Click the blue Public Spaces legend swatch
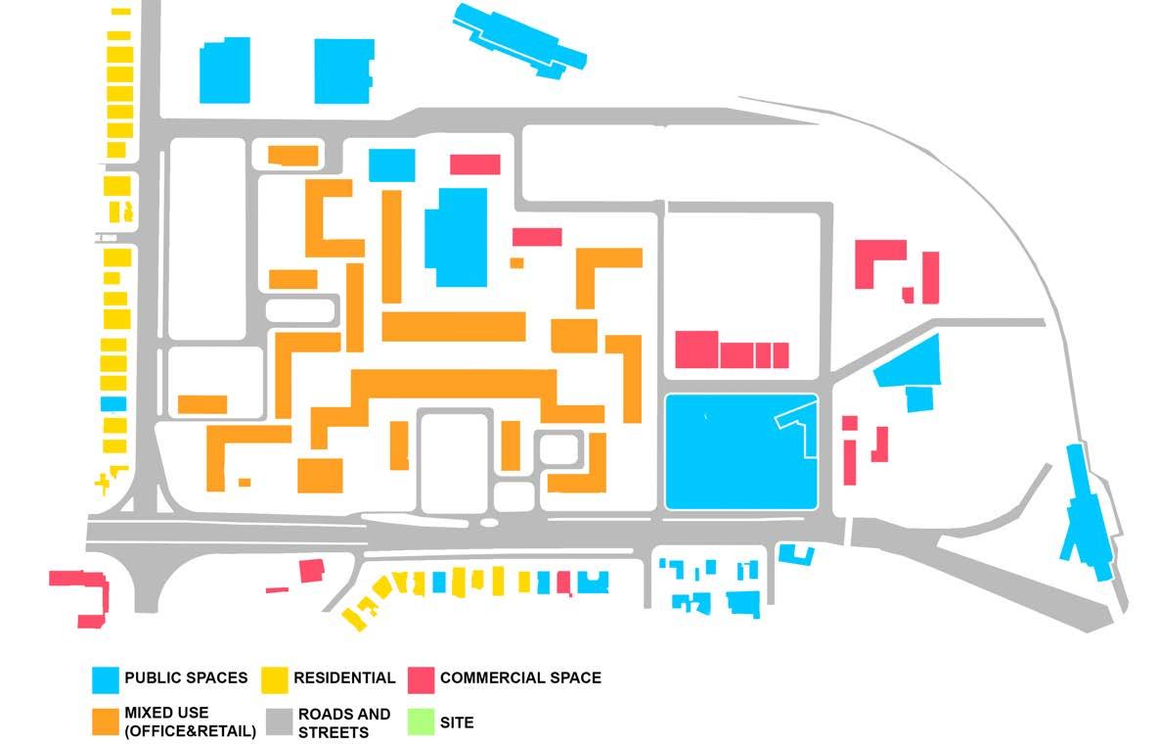pyautogui.click(x=106, y=677)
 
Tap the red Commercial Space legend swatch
pyautogui.click(x=421, y=677)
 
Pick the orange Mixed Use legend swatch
pyautogui.click(x=106, y=722)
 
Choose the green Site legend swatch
pyautogui.click(x=421, y=723)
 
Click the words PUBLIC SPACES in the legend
pyautogui.click(x=186, y=677)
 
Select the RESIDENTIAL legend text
pyautogui.click(x=344, y=677)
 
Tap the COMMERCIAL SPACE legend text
pyautogui.click(x=520, y=677)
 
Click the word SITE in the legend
pyautogui.click(x=457, y=723)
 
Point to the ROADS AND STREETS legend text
pyautogui.click(x=344, y=723)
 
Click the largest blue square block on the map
pyautogui.click(x=740, y=451)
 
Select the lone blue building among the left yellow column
pyautogui.click(x=113, y=403)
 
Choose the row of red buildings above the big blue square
pyautogui.click(x=731, y=350)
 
